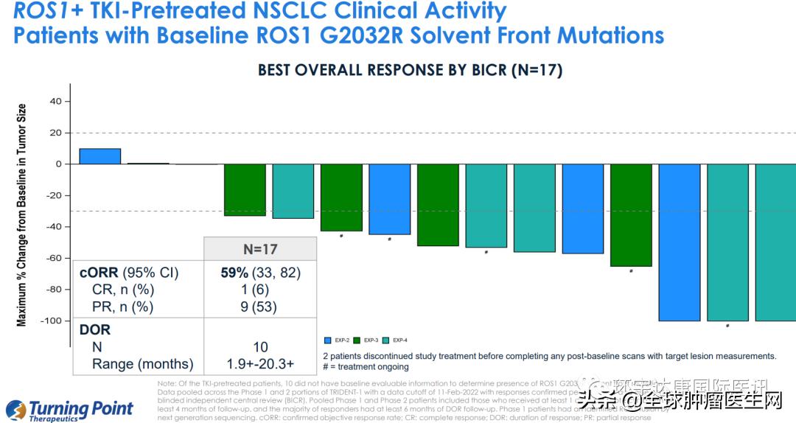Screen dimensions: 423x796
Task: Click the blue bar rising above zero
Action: click(99, 156)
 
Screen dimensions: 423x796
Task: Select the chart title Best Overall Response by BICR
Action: click(410, 70)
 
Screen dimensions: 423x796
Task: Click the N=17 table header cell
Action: click(260, 249)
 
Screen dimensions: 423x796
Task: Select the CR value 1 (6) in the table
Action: click(260, 290)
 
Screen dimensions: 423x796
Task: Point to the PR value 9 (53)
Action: click(260, 307)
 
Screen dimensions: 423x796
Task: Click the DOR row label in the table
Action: click(95, 329)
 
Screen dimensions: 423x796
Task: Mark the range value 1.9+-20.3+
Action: click(260, 363)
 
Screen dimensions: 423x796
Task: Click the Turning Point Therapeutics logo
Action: click(70, 410)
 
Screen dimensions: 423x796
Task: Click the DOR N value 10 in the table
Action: click(260, 346)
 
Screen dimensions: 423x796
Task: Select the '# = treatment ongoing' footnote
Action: click(366, 366)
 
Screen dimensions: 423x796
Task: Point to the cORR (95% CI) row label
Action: click(129, 273)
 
